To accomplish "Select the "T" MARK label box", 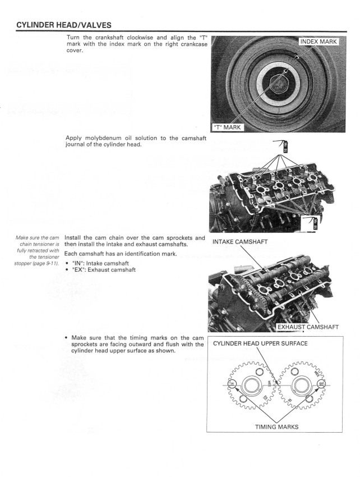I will pyautogui.click(x=233, y=126).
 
